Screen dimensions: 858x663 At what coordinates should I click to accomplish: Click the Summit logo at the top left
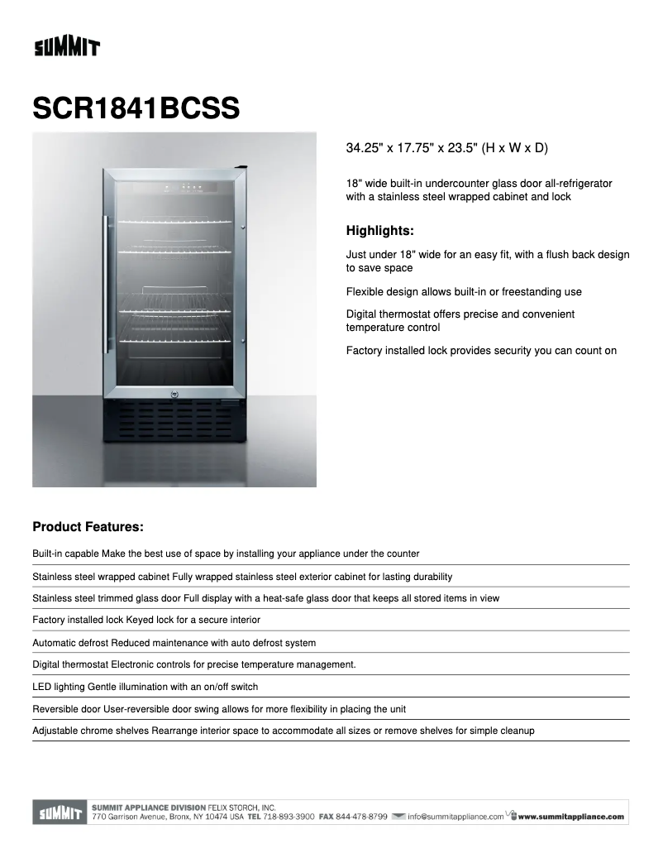[66, 47]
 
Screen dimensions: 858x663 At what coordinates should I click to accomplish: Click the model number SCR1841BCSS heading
[136, 108]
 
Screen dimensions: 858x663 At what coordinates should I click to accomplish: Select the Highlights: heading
[379, 231]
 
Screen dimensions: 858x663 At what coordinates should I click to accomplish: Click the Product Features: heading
[88, 526]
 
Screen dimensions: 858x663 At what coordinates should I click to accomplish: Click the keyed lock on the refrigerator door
[175, 393]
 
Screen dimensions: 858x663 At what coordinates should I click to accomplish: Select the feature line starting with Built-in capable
[226, 554]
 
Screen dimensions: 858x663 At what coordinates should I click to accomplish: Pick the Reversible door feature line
[219, 709]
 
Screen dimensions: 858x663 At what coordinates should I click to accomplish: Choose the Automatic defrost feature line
[174, 643]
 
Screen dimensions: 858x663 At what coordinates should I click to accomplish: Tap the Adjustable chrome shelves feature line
[284, 731]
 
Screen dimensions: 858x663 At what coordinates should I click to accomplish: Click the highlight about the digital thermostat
[460, 321]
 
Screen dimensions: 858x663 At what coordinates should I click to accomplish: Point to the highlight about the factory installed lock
[481, 351]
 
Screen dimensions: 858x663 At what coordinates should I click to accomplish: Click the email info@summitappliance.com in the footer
[455, 817]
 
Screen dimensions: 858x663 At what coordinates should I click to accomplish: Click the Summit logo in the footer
[58, 813]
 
